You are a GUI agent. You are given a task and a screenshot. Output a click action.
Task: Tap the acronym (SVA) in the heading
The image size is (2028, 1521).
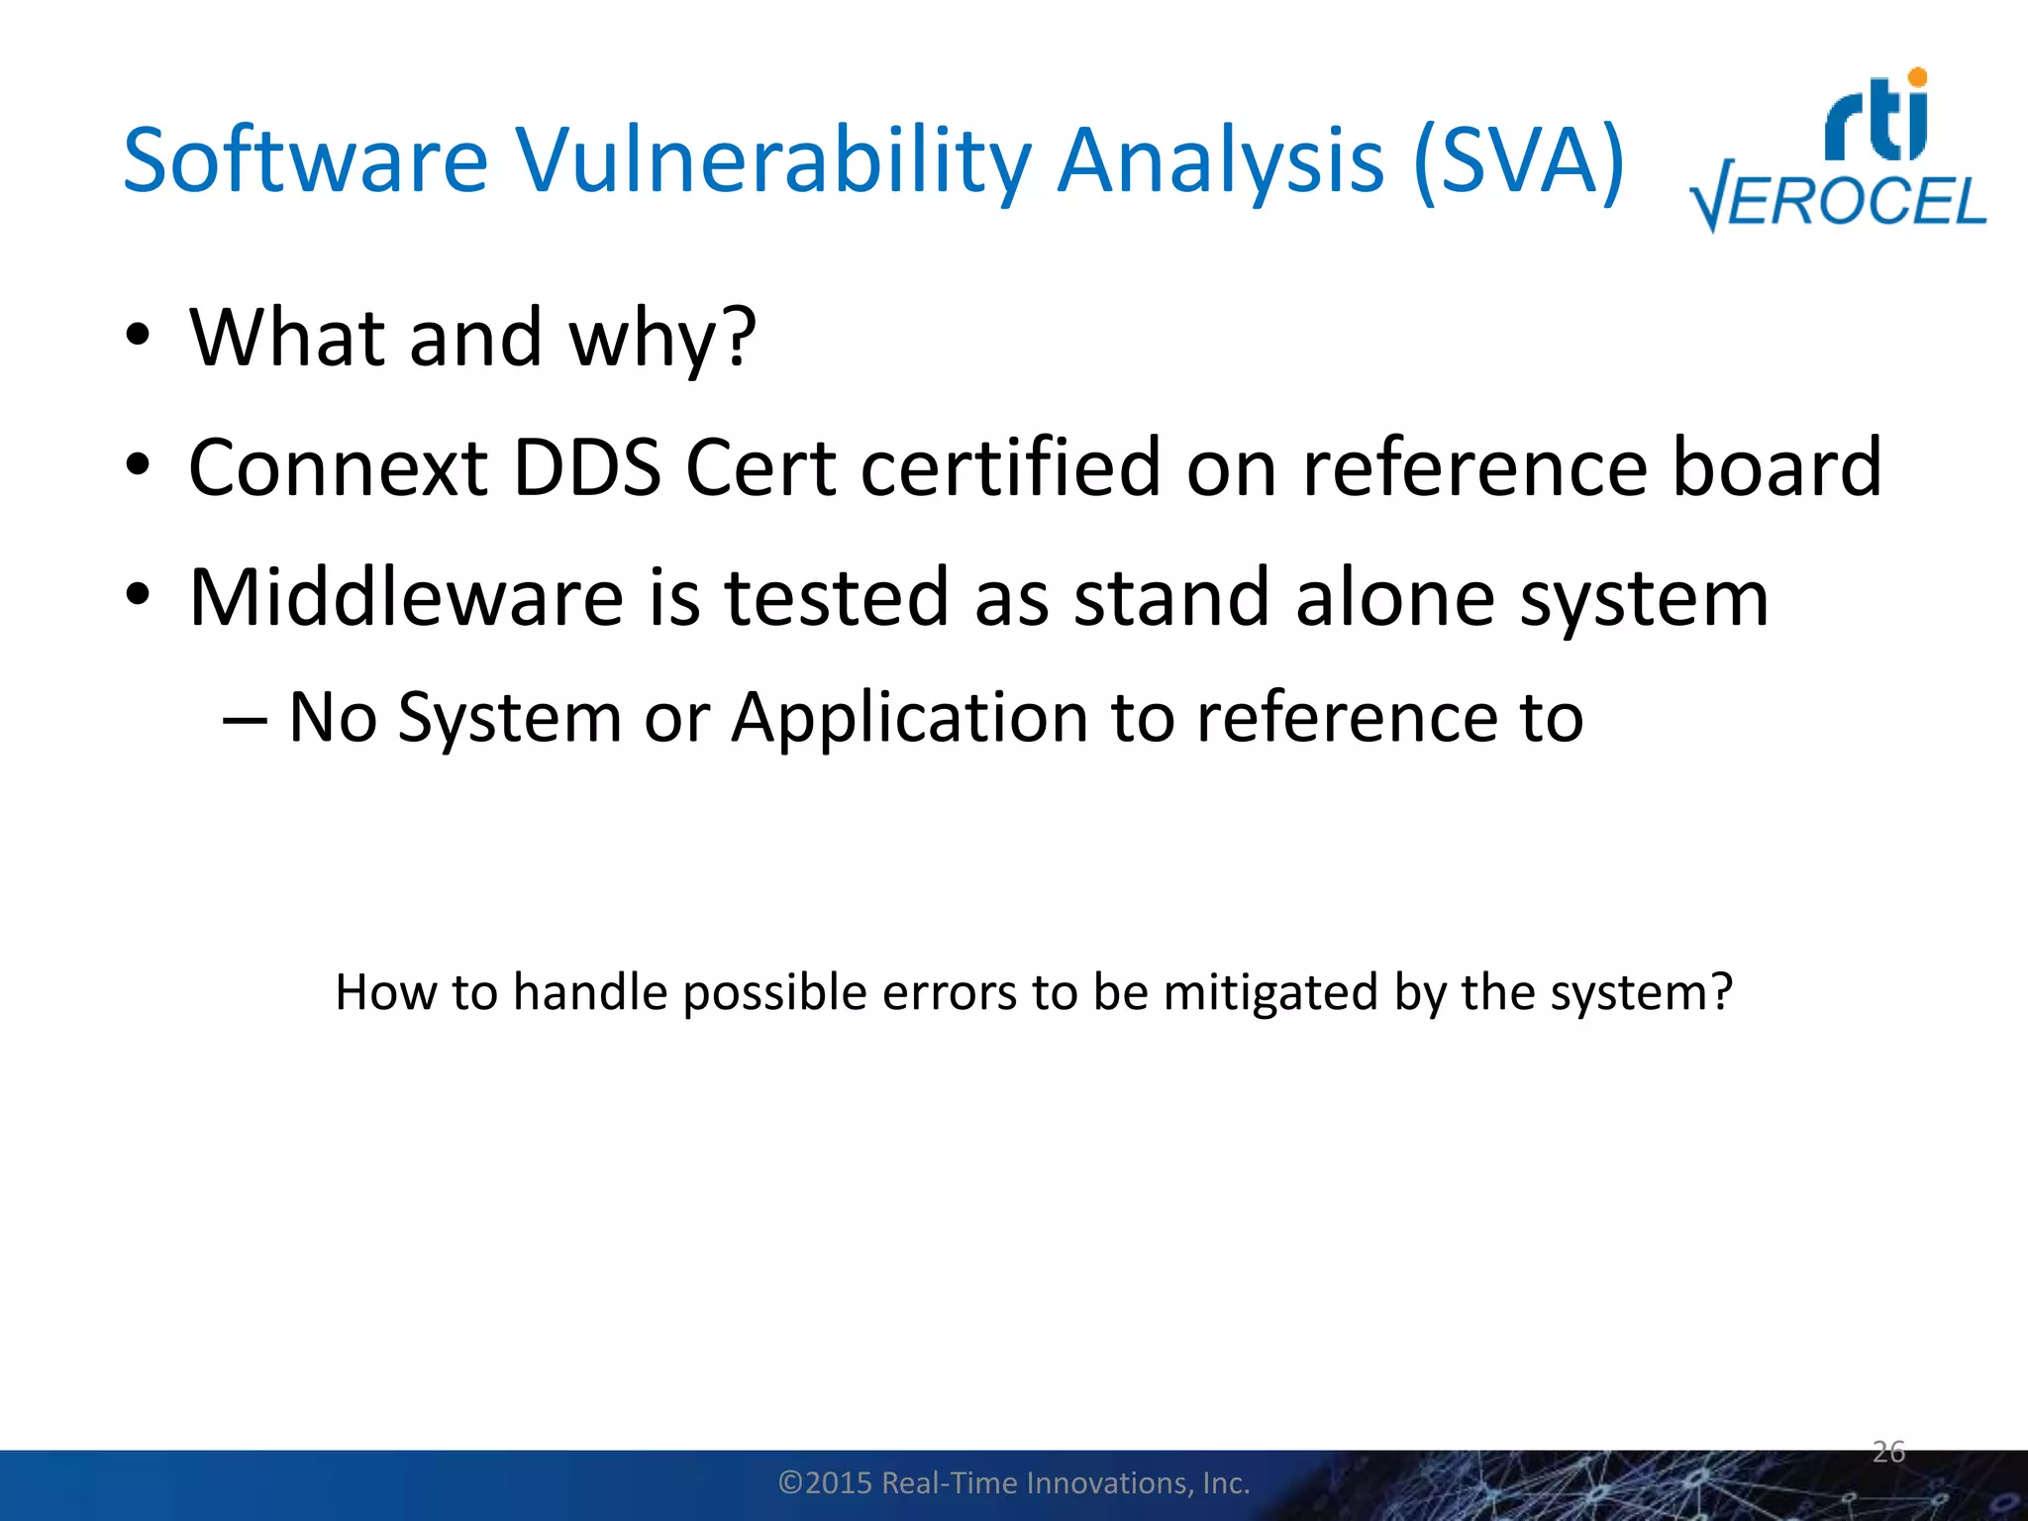1518,160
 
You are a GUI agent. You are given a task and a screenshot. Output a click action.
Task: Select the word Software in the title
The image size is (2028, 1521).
305,160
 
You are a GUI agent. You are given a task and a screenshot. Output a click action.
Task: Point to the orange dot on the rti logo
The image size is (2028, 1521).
1917,77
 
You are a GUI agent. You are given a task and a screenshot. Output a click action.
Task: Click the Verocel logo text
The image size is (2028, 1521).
1838,203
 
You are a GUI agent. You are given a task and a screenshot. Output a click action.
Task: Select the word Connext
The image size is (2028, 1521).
337,467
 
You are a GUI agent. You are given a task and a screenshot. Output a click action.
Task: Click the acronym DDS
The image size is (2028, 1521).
587,467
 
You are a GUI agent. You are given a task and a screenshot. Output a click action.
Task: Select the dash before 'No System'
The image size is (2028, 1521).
244,719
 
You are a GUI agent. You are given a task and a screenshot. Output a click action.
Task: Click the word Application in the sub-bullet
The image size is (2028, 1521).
910,717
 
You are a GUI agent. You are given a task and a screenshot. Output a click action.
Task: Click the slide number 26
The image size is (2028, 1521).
1888,1452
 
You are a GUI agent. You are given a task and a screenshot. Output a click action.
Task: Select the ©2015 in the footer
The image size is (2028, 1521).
825,1482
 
